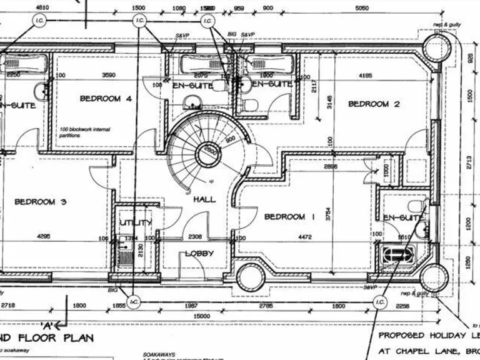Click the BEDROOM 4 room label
(x=105, y=99)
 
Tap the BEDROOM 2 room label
(x=374, y=104)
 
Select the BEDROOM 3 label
(x=40, y=202)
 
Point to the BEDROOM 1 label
(x=289, y=217)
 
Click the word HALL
(x=204, y=199)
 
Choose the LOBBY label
(x=199, y=254)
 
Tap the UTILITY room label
(x=136, y=223)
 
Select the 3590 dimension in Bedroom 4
(x=109, y=76)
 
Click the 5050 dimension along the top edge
(x=361, y=8)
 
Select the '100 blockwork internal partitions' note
(x=84, y=132)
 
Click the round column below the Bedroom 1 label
(x=250, y=277)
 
